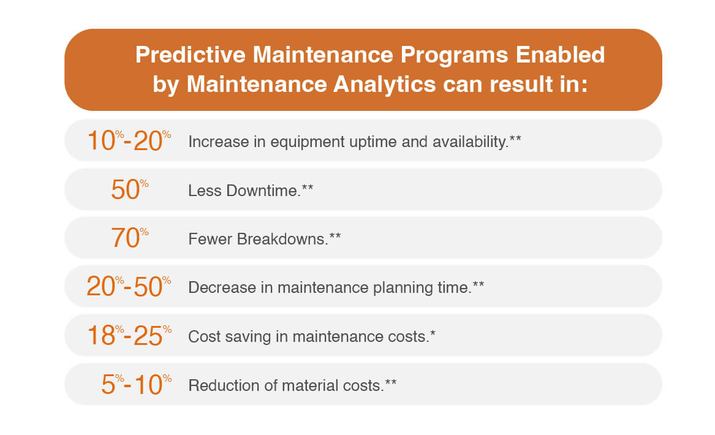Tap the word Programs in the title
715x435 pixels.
[x=456, y=55]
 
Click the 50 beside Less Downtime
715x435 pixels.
[x=125, y=191]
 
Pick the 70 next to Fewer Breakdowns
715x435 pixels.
[x=125, y=239]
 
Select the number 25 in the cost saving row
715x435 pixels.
[x=148, y=336]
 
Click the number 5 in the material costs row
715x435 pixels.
[x=108, y=385]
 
